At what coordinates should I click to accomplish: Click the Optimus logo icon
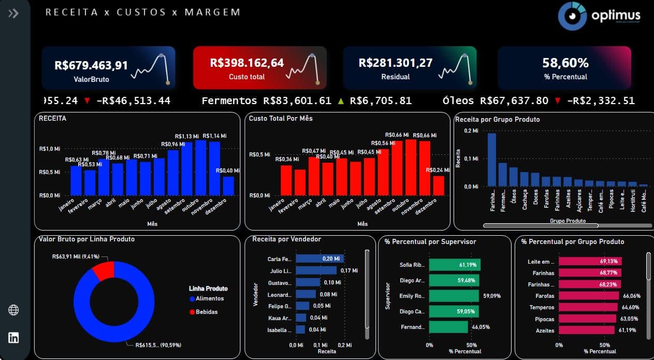click(572, 16)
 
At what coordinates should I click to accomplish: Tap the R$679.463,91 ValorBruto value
click(91, 65)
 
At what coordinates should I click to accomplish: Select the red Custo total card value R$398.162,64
click(247, 63)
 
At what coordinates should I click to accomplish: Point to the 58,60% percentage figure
click(565, 63)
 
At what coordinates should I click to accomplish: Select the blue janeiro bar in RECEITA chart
click(76, 180)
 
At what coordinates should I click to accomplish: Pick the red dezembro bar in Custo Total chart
click(439, 185)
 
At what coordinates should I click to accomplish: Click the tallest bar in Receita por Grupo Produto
click(491, 160)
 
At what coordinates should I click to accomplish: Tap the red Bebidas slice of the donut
click(103, 270)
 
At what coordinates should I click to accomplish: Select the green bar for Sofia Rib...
click(455, 265)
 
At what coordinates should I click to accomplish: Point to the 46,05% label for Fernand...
click(479, 327)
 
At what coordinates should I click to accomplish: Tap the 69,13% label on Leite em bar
click(611, 262)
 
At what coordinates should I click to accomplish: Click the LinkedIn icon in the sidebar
click(14, 338)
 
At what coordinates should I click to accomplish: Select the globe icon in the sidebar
click(14, 310)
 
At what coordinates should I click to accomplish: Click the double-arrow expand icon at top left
click(13, 13)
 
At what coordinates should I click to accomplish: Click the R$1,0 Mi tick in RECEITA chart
click(50, 149)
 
